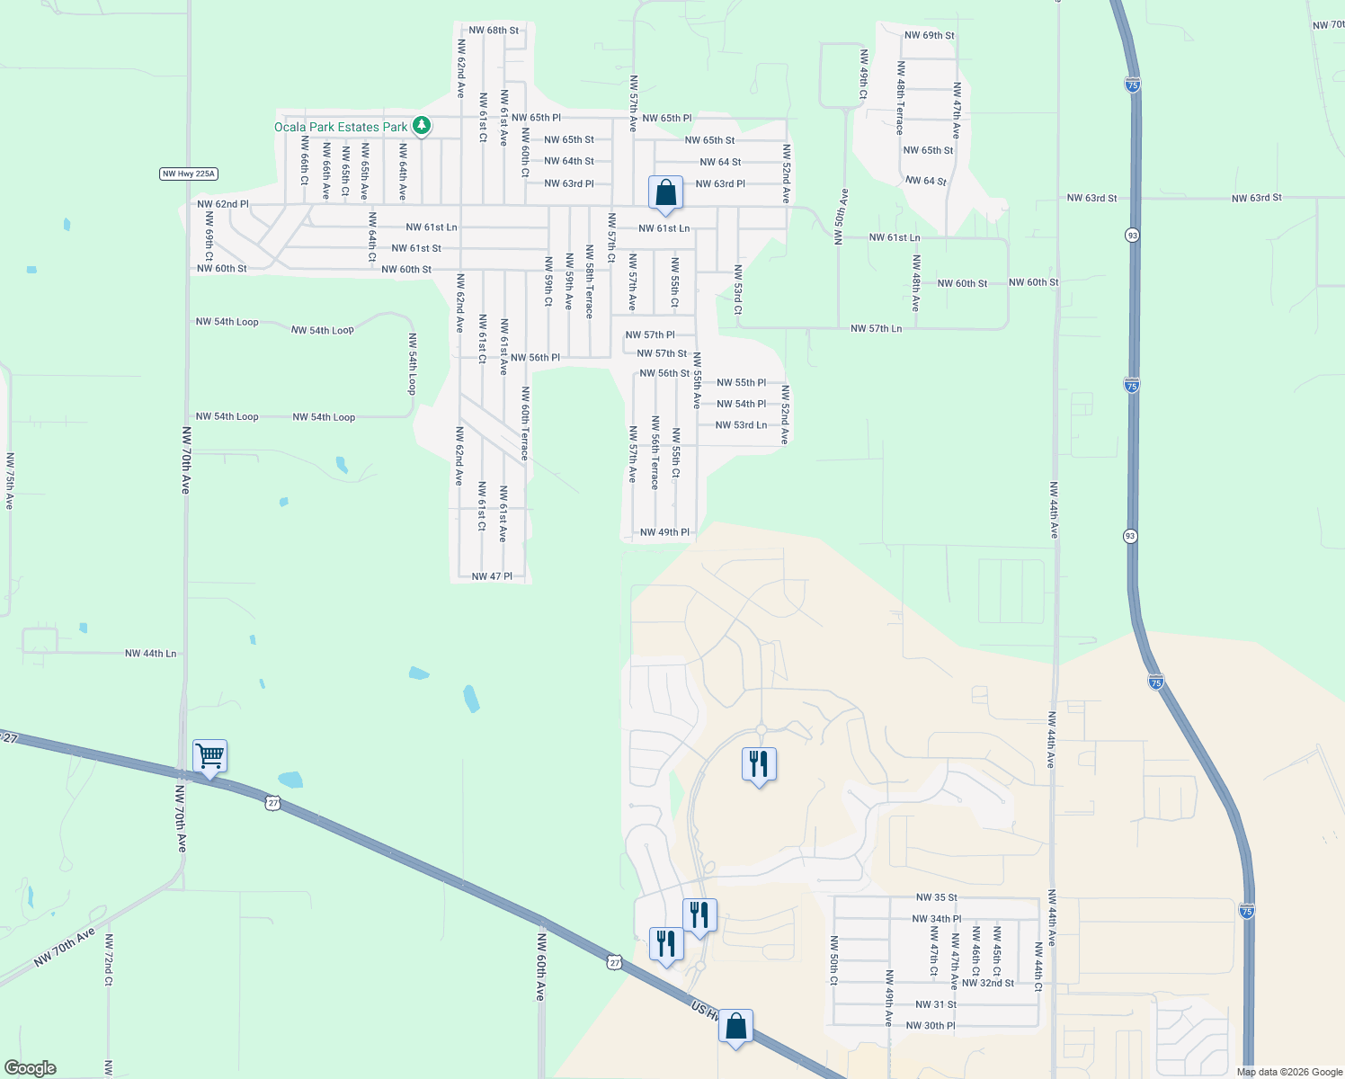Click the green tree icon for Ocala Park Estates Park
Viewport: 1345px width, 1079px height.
pos(422,126)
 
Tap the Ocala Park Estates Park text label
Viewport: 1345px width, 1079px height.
pos(341,127)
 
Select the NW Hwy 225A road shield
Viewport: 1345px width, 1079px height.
pos(189,174)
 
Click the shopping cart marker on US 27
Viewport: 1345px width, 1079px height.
pos(209,756)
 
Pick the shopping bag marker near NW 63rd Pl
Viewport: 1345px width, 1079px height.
pos(665,193)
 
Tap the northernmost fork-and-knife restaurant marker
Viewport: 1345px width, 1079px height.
pos(759,764)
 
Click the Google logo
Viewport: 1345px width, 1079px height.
pos(29,1068)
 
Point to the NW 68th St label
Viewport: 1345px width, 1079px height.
pos(494,31)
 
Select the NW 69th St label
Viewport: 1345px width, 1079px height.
pos(929,36)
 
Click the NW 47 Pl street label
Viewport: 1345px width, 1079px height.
pos(492,576)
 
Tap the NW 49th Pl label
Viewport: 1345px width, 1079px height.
pos(664,532)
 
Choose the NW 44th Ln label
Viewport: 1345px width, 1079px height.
pos(150,654)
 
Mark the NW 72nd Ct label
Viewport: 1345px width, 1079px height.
pos(108,959)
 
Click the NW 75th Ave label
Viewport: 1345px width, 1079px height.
pos(10,481)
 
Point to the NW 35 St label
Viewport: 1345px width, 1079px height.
pos(936,897)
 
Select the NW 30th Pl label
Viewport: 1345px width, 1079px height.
pos(930,1026)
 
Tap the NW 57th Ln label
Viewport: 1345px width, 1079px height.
pos(876,329)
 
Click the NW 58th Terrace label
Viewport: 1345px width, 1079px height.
pos(590,281)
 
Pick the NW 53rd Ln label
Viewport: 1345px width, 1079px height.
pos(741,425)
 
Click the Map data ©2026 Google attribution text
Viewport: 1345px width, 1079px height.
pos(1289,1072)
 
